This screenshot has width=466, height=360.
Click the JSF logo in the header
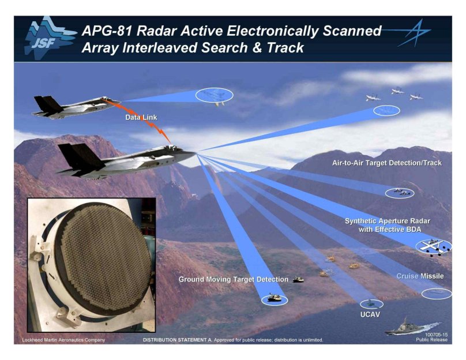49,38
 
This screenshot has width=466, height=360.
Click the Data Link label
141,118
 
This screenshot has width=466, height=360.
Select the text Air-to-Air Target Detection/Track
387,163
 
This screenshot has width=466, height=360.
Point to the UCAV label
370,314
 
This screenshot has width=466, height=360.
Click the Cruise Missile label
420,276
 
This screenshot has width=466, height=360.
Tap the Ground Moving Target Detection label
234,279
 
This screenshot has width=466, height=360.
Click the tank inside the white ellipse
274,298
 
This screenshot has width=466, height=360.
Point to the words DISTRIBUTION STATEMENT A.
178,340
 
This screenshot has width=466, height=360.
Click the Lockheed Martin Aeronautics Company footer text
63,340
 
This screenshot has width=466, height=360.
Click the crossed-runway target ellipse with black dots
434,247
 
